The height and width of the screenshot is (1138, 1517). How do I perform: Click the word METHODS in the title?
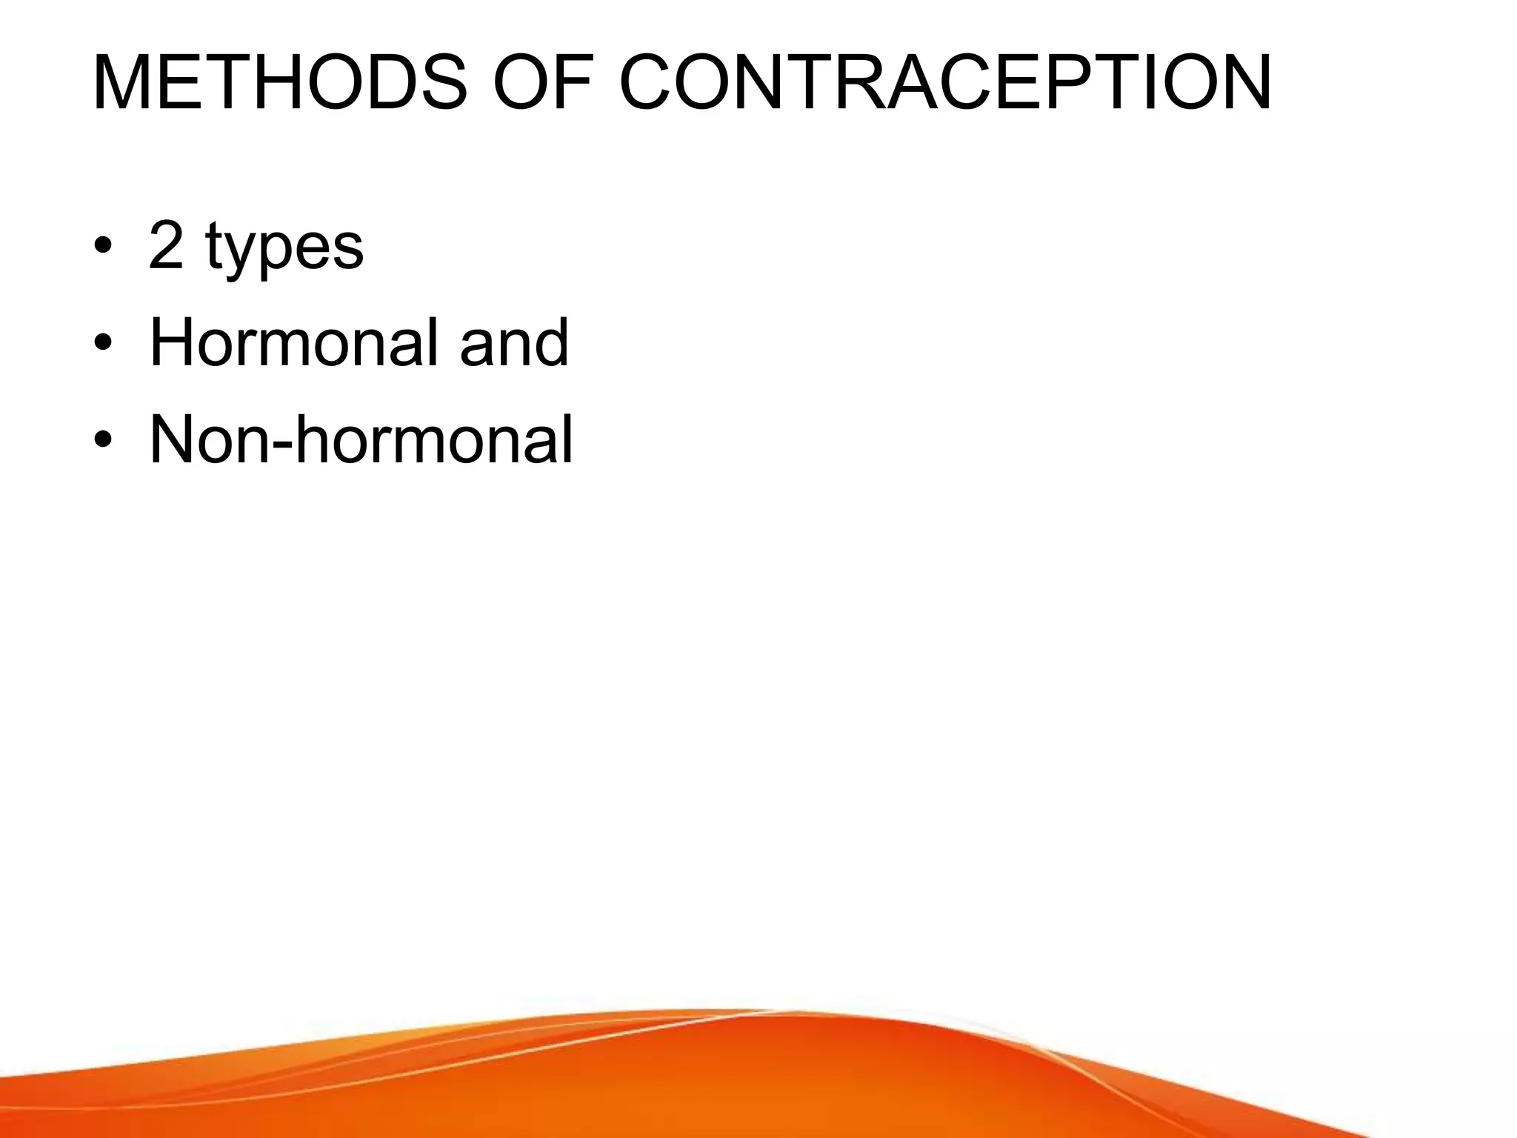(280, 83)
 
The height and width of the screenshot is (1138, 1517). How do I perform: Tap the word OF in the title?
(542, 83)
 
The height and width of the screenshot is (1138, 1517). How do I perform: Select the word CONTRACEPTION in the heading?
(945, 83)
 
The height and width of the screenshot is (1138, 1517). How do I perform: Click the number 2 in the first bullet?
(166, 246)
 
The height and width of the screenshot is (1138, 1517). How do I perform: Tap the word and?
(514, 342)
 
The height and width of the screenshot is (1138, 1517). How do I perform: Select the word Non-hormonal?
(361, 439)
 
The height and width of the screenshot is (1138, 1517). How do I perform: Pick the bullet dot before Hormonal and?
(103, 343)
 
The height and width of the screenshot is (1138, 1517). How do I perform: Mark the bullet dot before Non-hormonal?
(103, 440)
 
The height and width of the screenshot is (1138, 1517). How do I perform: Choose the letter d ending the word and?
(551, 342)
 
